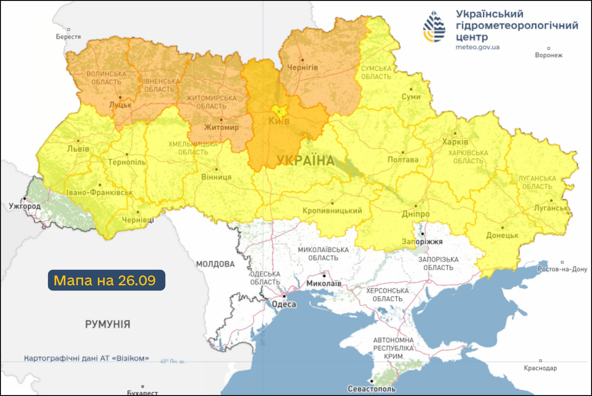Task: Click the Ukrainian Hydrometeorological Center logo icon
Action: pos(434,26)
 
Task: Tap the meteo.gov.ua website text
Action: pos(478,47)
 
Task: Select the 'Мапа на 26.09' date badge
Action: pos(106,280)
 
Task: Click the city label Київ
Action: pos(279,121)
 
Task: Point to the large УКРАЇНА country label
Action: pos(305,161)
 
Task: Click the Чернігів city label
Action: pos(303,67)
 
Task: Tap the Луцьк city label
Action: pos(120,105)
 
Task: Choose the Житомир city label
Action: pos(222,127)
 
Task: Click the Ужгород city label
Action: pos(24,206)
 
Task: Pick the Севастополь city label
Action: pos(372,389)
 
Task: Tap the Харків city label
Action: pos(455,141)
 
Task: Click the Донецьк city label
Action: pos(502,235)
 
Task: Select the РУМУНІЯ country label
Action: pos(107,324)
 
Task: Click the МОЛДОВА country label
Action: pos(215,264)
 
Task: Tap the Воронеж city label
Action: pos(549,55)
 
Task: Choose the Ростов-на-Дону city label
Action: pos(562,269)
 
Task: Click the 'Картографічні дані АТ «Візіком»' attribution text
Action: pos(87,358)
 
